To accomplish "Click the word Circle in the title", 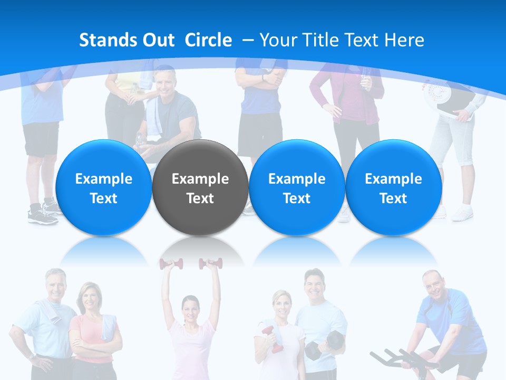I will pos(208,40).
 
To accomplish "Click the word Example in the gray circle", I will pos(200,179).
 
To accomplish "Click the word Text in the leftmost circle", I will pos(103,198).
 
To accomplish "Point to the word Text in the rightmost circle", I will pos(393,198).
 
